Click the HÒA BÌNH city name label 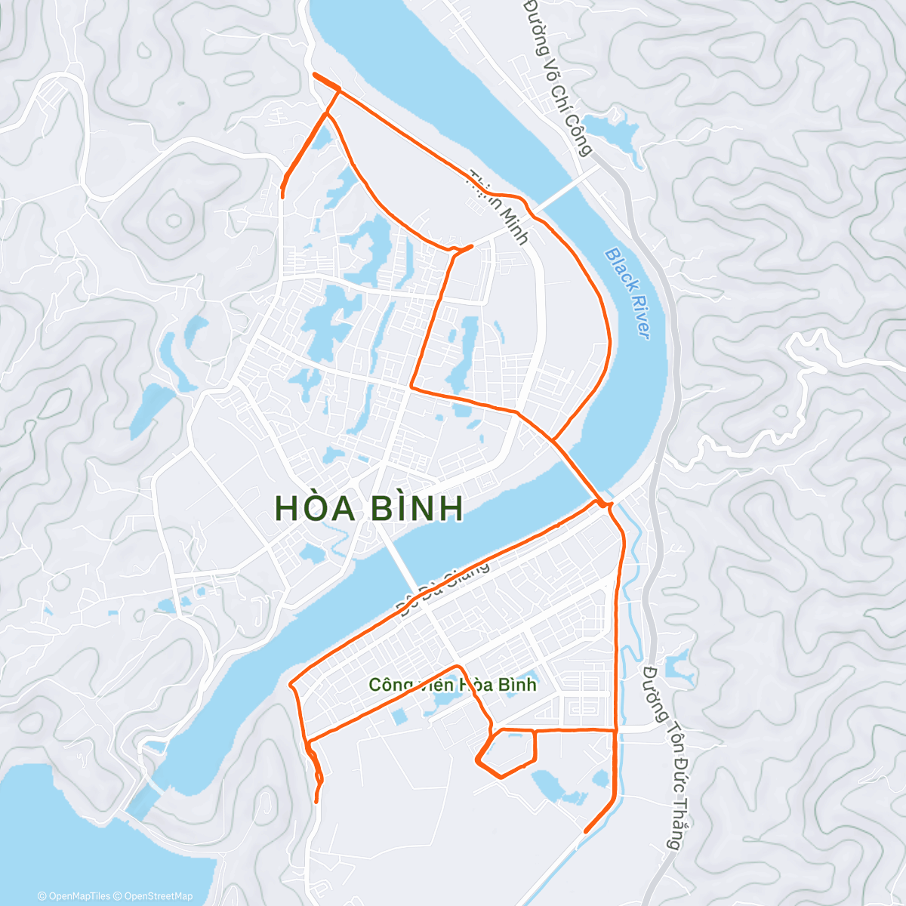pyautogui.click(x=369, y=508)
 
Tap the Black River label pyautogui.click(x=628, y=294)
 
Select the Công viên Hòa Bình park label pyautogui.click(x=452, y=685)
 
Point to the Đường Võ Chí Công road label pyautogui.click(x=558, y=75)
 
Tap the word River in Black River pyautogui.click(x=638, y=317)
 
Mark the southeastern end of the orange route pyautogui.click(x=586, y=831)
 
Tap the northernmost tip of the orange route pyautogui.click(x=313, y=74)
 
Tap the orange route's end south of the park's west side pyautogui.click(x=316, y=801)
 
